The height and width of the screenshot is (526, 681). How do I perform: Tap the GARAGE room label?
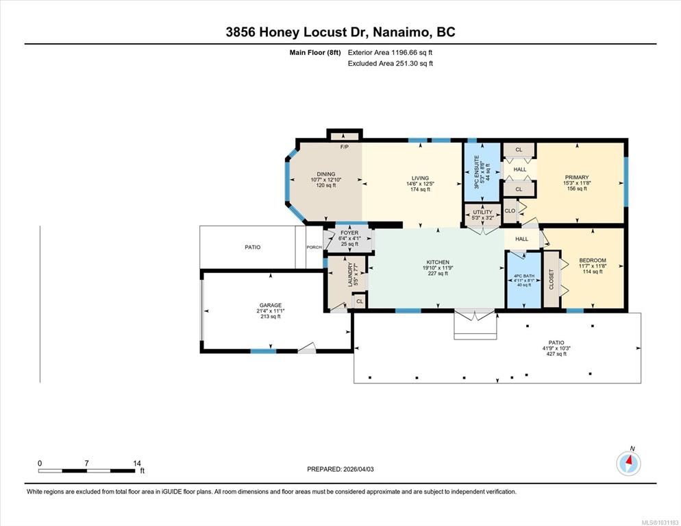point(271,305)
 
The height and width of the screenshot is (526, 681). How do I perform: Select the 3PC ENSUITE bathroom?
point(482,171)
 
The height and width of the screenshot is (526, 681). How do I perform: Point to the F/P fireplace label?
point(345,147)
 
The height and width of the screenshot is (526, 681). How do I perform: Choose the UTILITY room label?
point(482,212)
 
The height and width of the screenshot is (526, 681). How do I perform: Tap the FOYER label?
point(349,233)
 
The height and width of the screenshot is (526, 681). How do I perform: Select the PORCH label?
point(314,247)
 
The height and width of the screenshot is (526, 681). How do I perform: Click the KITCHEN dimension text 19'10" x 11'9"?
point(438,267)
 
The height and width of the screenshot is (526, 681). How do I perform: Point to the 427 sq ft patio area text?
point(556,354)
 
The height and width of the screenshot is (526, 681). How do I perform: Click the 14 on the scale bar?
point(137,464)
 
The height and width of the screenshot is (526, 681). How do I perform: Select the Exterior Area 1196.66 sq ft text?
point(390,53)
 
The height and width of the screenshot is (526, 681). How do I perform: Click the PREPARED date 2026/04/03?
point(358,469)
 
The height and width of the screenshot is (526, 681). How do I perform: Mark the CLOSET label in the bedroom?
point(551,280)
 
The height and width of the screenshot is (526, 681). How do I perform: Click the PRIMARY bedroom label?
point(577,178)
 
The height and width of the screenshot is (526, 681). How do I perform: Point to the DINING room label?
point(325,174)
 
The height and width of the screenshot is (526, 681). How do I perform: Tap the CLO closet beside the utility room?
point(510,211)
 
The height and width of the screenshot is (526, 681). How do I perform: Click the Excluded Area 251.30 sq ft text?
point(391,64)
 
